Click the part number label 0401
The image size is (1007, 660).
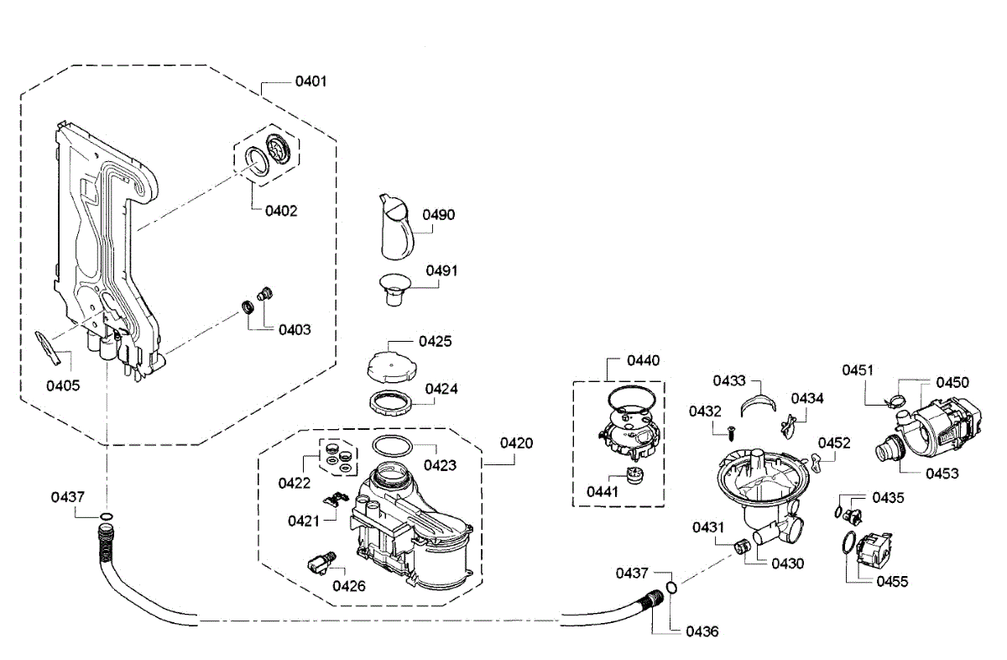click(x=310, y=82)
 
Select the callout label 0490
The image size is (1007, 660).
click(x=438, y=215)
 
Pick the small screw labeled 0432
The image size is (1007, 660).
click(x=730, y=434)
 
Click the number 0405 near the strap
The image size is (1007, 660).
click(x=63, y=385)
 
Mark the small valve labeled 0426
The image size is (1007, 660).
click(x=320, y=561)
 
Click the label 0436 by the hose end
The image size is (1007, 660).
click(x=702, y=631)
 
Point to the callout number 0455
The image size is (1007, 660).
click(x=891, y=581)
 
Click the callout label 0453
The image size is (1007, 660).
click(x=942, y=473)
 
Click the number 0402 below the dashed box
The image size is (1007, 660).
click(x=281, y=211)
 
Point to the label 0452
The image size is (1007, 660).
click(x=834, y=443)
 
